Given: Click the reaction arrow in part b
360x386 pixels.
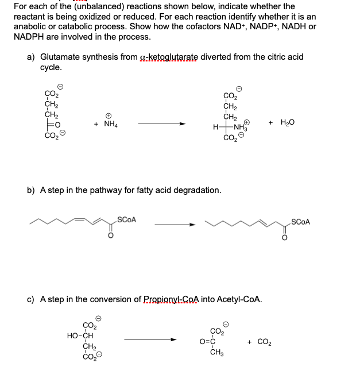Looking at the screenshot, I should [x=176, y=225].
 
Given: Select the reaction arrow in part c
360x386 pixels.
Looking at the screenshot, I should [x=149, y=339].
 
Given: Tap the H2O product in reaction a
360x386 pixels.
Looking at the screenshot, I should [x=287, y=122].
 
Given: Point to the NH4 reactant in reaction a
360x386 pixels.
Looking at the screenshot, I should [x=109, y=123].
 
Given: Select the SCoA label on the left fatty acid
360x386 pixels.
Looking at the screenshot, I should [x=126, y=218].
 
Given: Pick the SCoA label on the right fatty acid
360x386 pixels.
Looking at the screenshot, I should [x=300, y=222].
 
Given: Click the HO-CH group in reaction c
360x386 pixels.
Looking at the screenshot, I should [x=80, y=335].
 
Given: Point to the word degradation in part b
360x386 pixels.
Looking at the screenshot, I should [x=194, y=190].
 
